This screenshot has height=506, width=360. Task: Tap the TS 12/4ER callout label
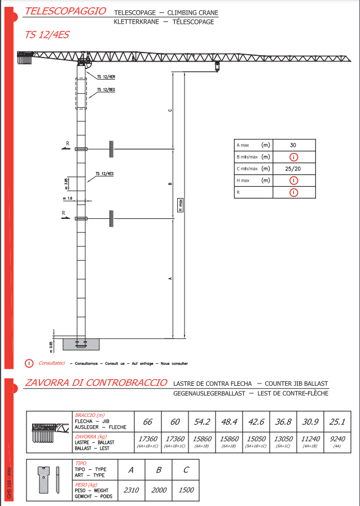point(106,76)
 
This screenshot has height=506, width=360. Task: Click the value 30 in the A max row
point(293,145)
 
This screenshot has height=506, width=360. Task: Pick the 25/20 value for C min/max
point(293,169)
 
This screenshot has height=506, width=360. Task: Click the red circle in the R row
point(293,192)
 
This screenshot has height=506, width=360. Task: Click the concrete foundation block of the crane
point(81,343)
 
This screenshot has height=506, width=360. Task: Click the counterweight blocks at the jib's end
point(26,58)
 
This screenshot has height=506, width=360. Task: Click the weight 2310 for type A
point(131,490)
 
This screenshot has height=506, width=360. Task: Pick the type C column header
point(186,469)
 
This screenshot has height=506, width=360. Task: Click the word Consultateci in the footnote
point(52,363)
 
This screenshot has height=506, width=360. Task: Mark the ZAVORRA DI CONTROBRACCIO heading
point(96,382)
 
